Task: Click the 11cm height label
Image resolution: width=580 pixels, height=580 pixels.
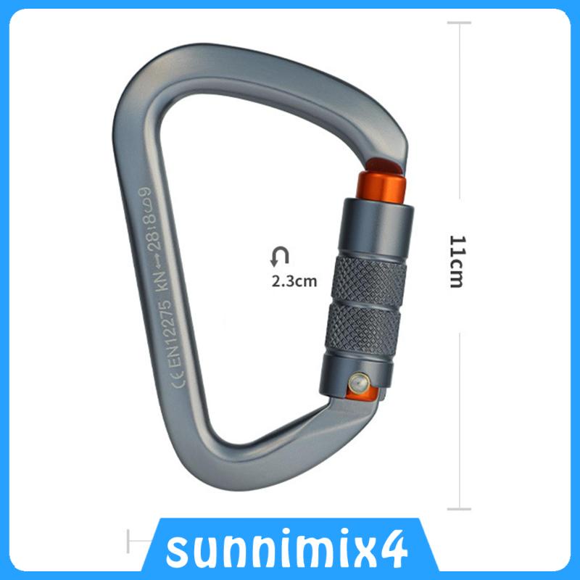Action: (456, 261)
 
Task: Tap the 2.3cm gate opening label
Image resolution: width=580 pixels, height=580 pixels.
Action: (294, 283)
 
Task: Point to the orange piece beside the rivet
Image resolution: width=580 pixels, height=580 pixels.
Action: (371, 392)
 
